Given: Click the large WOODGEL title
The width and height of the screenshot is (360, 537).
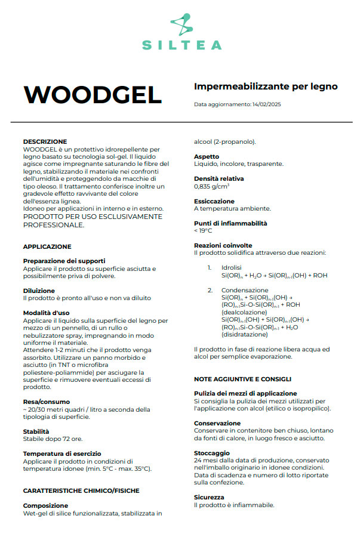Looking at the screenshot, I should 93,94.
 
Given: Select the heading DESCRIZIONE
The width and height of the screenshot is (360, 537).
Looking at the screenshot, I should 45,142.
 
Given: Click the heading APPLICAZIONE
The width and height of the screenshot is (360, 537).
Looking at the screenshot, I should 47,246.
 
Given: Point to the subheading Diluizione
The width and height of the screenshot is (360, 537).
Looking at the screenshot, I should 39,291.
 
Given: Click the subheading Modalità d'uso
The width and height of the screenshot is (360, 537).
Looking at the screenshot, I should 46,313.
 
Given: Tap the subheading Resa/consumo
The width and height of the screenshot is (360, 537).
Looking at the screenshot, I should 46,402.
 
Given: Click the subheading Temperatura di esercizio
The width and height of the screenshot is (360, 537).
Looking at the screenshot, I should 62,453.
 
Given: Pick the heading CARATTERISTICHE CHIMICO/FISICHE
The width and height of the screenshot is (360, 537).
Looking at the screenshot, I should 81,490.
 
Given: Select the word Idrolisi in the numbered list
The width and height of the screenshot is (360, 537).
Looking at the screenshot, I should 231,268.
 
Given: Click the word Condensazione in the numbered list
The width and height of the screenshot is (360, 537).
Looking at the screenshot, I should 240,290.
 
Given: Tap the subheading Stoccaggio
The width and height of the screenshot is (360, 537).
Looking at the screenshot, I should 211,453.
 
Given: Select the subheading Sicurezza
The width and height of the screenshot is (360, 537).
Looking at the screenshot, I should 209,497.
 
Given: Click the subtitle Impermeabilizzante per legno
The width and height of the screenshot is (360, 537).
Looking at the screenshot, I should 266,87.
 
